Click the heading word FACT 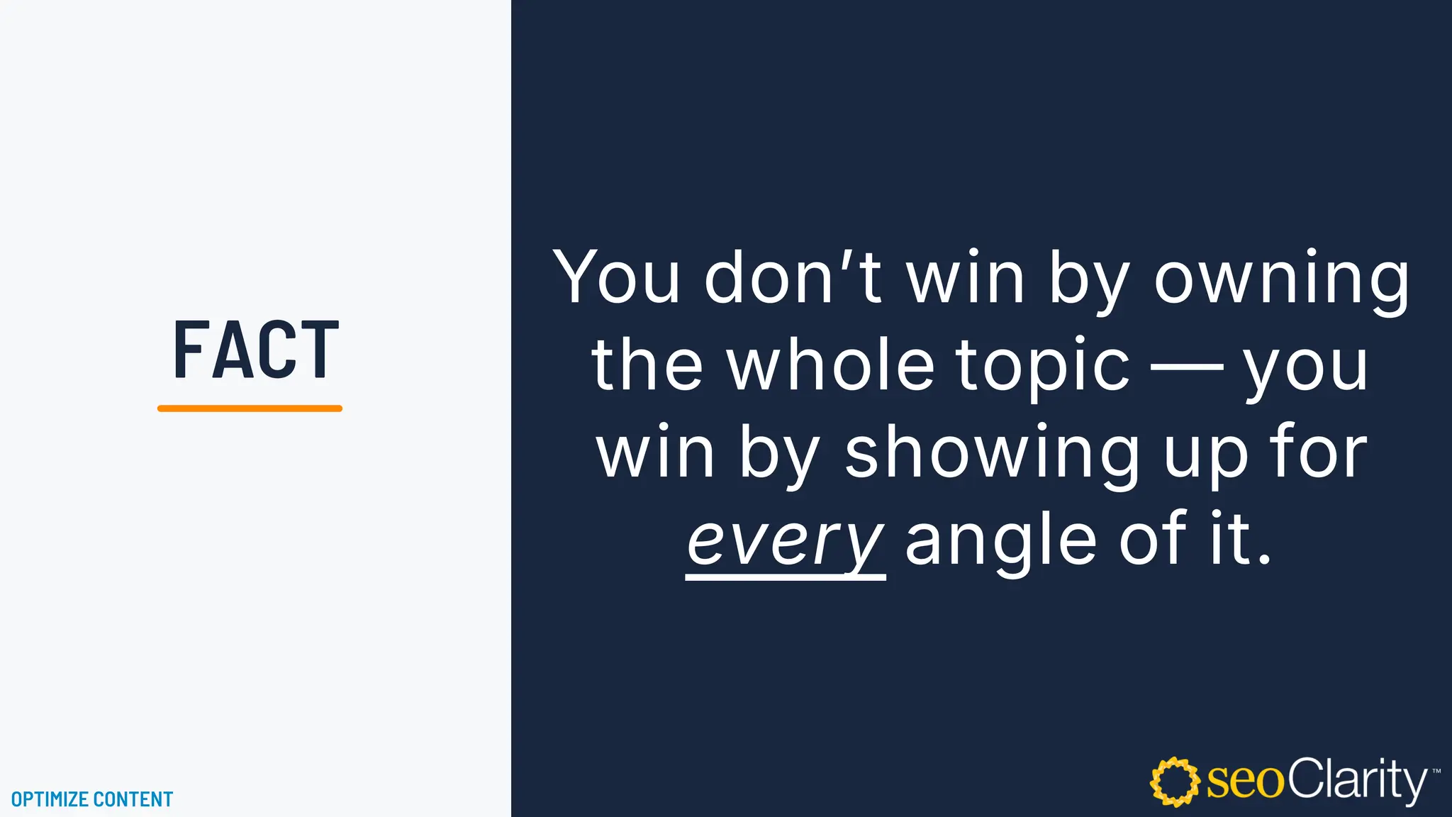coord(256,350)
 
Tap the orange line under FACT coord(250,408)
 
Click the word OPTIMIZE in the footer coord(50,799)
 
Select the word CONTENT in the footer coord(133,799)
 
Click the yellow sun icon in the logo coord(1174,782)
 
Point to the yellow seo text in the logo coord(1245,782)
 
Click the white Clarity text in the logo coord(1356,780)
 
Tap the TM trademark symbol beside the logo coord(1436,770)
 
